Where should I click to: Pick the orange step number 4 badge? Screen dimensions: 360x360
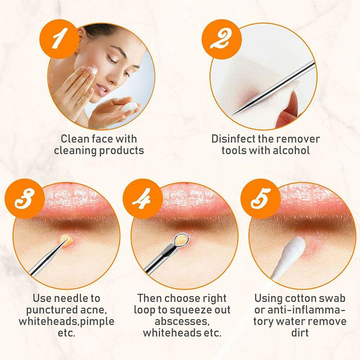(139, 199)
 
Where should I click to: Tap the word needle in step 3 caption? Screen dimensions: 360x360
(72, 298)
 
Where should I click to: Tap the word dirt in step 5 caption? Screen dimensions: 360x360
(300, 333)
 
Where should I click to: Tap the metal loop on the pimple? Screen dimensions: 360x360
(180, 238)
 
